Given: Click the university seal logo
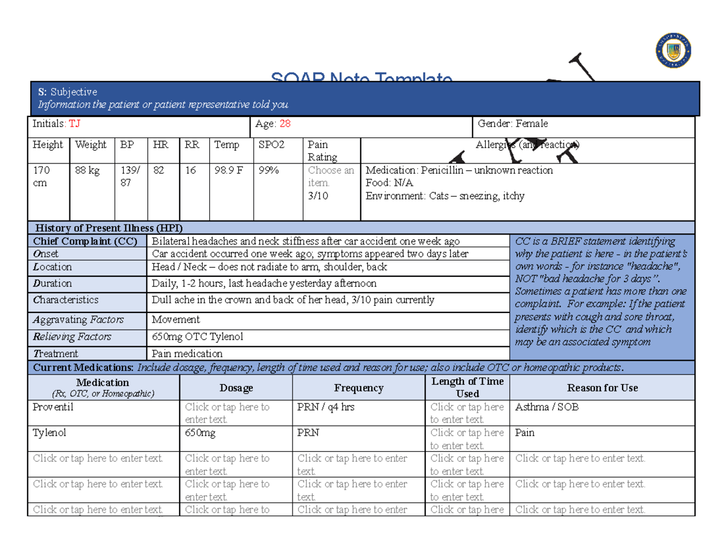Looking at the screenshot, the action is [673, 51].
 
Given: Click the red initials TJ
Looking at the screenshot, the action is [74, 124].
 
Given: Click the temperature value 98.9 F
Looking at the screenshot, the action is [229, 171].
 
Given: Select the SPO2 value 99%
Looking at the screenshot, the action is [268, 171].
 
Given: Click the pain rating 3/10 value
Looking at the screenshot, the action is [318, 195].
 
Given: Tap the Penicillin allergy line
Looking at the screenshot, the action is [459, 170].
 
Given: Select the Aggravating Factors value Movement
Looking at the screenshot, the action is [176, 320].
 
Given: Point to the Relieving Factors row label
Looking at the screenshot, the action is [72, 336].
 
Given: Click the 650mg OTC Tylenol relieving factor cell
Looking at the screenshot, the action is [198, 336].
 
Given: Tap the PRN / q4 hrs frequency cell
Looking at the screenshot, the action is [326, 407].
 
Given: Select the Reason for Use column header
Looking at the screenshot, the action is [602, 388].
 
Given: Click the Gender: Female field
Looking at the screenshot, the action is [513, 124].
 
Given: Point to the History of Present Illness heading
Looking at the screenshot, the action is [109, 228].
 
